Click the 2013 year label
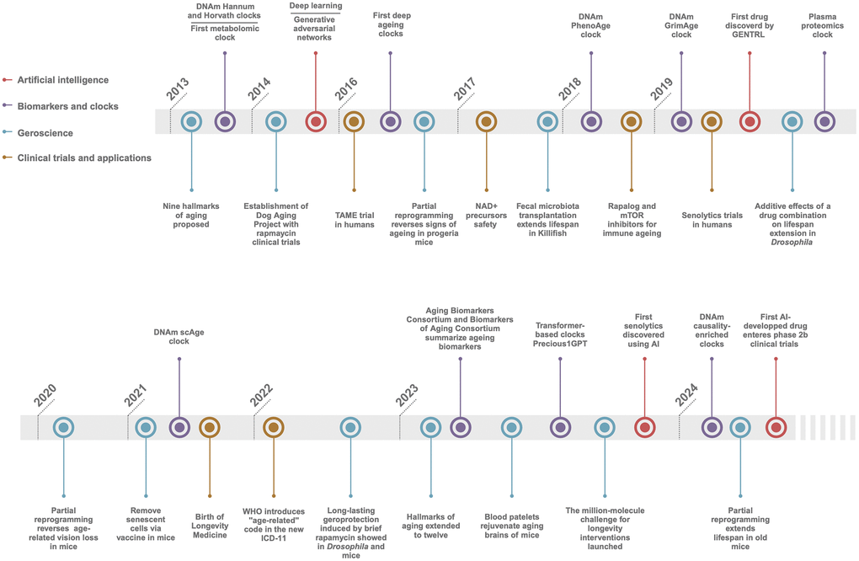click(178, 92)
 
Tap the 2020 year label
click(45, 396)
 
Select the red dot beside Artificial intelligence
click(7, 80)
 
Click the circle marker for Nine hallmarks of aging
click(192, 121)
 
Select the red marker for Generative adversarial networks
click(316, 121)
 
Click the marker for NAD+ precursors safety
click(486, 121)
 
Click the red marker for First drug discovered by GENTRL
click(750, 121)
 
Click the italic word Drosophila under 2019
click(792, 243)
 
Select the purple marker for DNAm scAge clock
click(179, 427)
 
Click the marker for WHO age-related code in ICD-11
click(274, 427)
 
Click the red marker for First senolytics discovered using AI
click(645, 427)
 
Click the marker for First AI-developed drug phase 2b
click(776, 427)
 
